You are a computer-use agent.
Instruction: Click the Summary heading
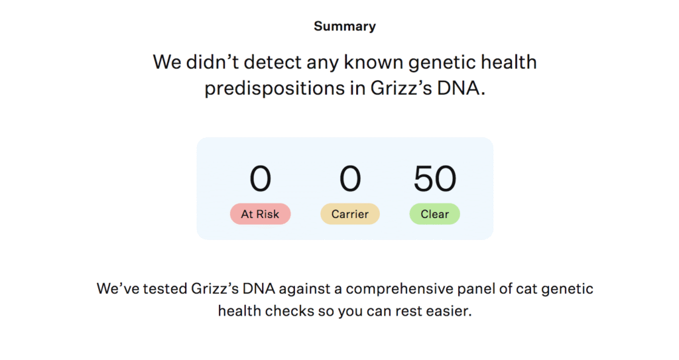coord(345,27)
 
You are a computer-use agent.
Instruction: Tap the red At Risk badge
coord(260,214)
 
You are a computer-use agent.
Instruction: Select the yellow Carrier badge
coord(350,214)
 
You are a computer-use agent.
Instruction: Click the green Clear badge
coord(435,214)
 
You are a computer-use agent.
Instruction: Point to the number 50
coord(435,178)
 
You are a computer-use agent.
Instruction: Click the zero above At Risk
coord(260,178)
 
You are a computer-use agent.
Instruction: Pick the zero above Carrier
coord(350,178)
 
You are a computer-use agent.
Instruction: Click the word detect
coord(273,62)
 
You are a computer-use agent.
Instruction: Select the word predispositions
coord(275,89)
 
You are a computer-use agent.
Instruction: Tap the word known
coord(374,62)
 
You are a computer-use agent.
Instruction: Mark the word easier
coord(449,311)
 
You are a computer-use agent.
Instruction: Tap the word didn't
coord(213,62)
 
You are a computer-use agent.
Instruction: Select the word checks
coord(290,311)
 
